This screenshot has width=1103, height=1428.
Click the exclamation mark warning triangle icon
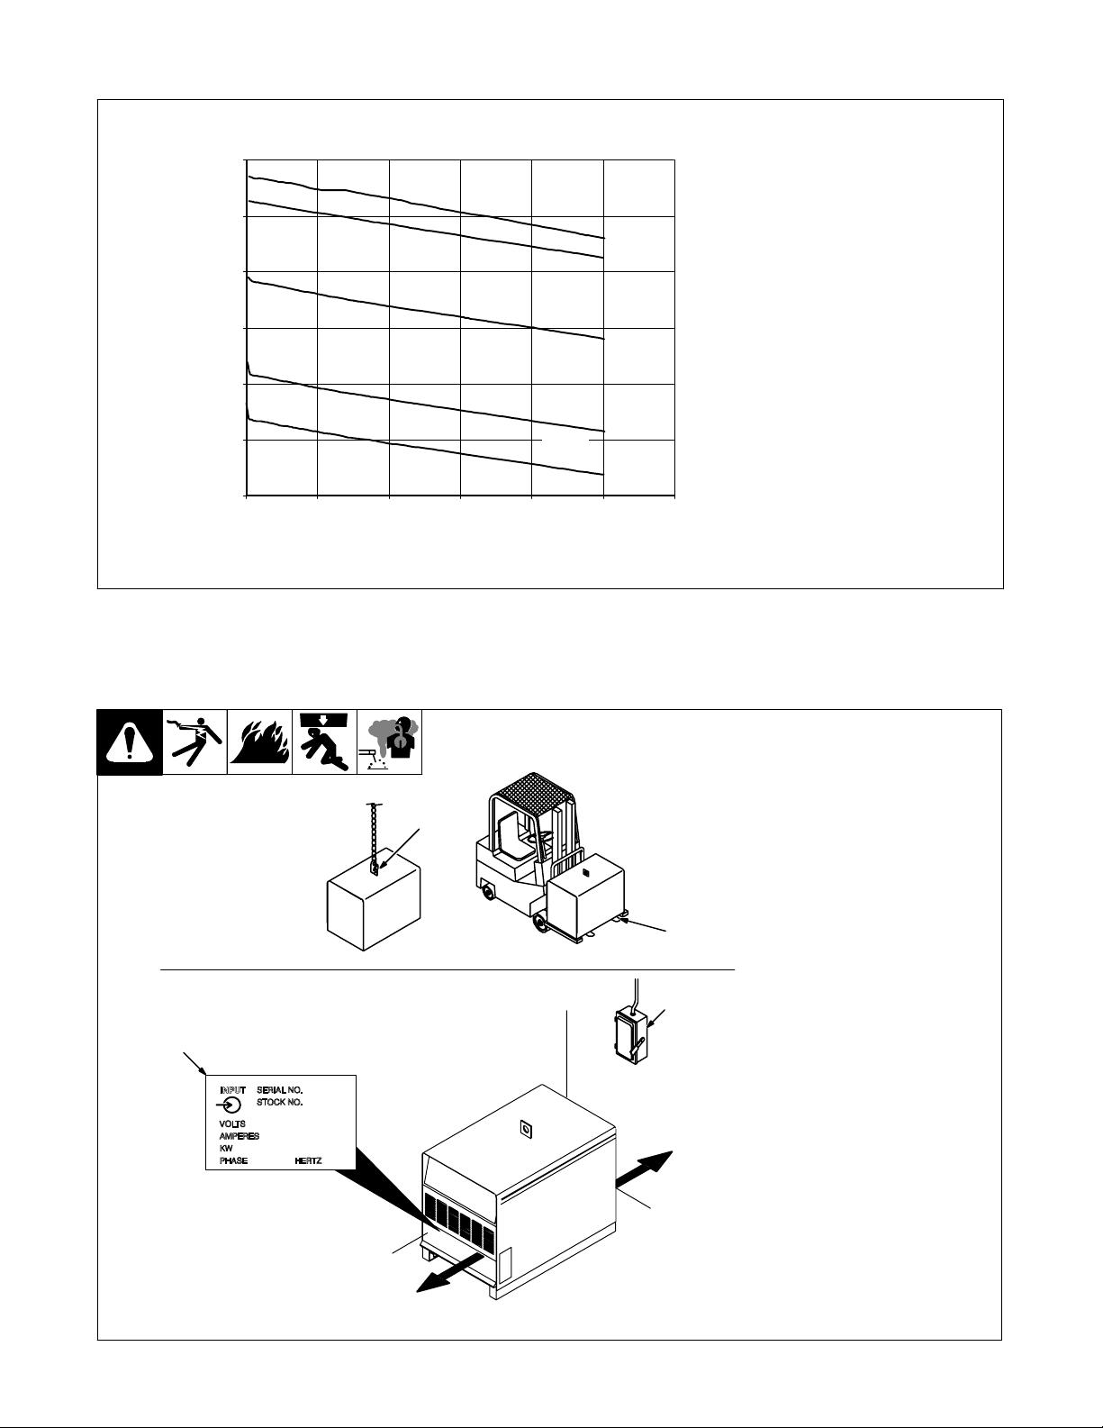coord(130,741)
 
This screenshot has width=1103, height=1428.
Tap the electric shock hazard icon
coord(194,741)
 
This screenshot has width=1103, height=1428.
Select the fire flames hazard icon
coord(259,741)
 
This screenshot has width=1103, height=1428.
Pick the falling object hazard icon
coord(324,741)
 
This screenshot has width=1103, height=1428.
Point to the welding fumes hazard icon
coord(389,741)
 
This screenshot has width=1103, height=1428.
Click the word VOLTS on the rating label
coord(232,1123)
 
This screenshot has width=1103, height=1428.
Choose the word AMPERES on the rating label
coord(239,1135)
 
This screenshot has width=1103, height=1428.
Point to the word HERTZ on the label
coord(308,1160)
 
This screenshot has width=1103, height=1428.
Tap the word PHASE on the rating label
coord(233,1160)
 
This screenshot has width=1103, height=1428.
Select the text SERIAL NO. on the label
coord(279,1090)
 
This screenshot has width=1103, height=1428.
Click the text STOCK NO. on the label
coord(279,1102)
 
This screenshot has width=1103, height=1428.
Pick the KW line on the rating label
coord(226,1148)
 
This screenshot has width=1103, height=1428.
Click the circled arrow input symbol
coord(230,1105)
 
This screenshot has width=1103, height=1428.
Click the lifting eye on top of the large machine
coord(525,1129)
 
